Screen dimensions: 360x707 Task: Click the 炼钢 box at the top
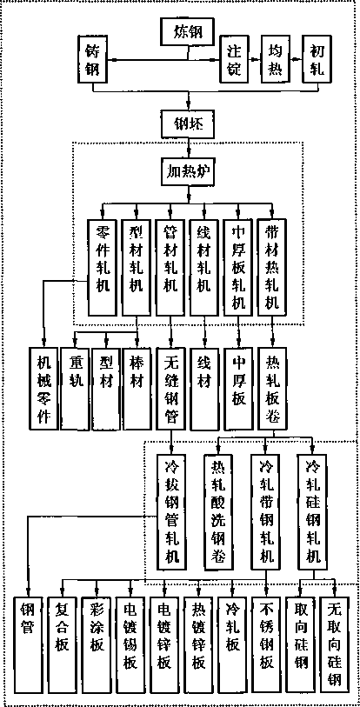[188, 33]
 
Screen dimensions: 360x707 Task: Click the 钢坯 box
[188, 123]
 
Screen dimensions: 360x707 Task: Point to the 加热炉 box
[188, 172]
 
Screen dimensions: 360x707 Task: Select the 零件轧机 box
[103, 267]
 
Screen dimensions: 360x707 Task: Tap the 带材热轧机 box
[272, 267]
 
